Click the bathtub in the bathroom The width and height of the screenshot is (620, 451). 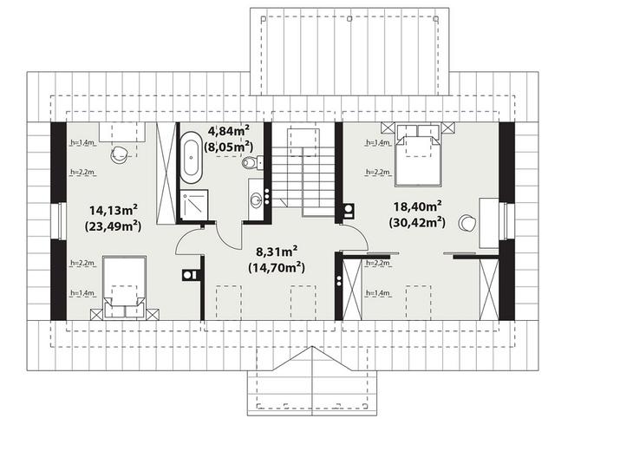tap(192, 158)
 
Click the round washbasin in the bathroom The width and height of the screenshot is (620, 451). tap(256, 199)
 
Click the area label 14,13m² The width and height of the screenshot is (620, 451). tap(113, 210)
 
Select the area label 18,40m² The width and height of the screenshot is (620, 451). tap(418, 206)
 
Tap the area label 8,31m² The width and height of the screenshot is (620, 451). tap(277, 252)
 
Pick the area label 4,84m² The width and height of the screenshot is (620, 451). tap(229, 130)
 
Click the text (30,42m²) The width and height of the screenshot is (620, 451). tap(417, 222)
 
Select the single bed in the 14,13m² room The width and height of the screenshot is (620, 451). tap(124, 287)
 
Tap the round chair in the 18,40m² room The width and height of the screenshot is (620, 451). tap(467, 223)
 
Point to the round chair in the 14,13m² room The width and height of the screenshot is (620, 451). tap(119, 155)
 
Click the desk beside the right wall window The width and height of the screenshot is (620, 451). tap(489, 223)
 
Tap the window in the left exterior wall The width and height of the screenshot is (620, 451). tap(59, 221)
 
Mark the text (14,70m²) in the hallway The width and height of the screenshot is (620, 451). tap(277, 268)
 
